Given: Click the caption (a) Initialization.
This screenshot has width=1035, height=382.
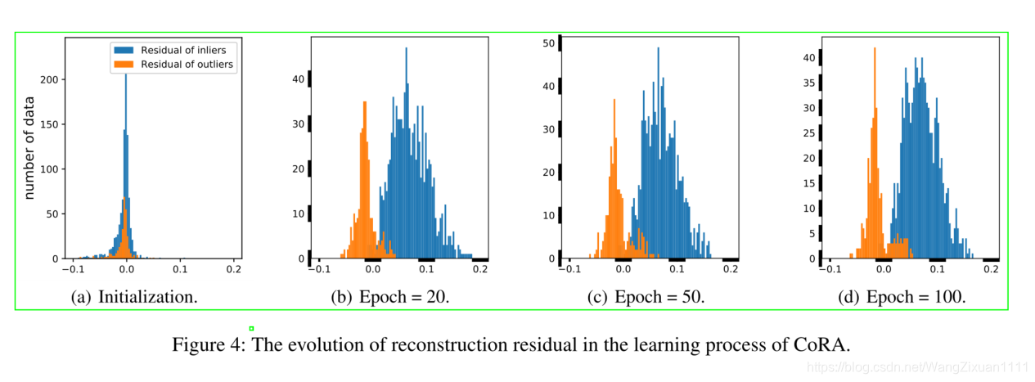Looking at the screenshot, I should click(135, 298).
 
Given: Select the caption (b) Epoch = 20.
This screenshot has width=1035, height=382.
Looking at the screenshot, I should click(389, 298).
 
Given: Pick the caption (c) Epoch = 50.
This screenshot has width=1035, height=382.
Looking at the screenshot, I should click(646, 298).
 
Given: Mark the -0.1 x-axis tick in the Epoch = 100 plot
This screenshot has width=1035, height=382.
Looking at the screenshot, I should click(830, 269).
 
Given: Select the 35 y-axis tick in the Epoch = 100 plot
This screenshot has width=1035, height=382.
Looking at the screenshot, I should click(810, 83).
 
